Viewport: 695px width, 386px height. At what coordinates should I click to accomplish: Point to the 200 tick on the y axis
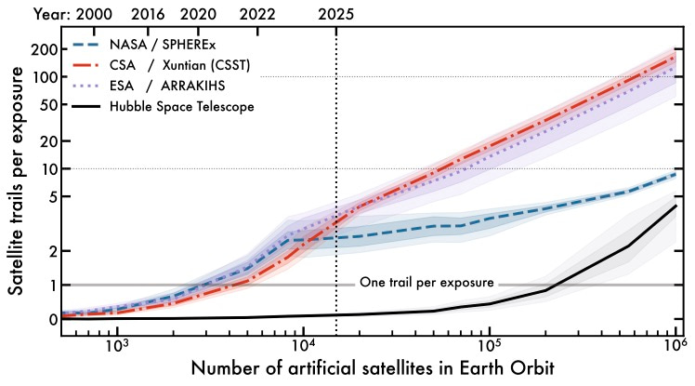[43, 48]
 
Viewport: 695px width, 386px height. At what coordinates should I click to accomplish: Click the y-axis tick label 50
[46, 104]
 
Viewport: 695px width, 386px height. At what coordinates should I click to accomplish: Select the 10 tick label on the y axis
[46, 168]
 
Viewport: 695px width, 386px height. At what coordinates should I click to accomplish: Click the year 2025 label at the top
[335, 14]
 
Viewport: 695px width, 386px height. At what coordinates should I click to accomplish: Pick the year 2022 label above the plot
[260, 14]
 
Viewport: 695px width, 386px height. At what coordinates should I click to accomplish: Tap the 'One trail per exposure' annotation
[426, 283]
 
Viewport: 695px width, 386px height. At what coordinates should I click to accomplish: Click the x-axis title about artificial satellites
[374, 367]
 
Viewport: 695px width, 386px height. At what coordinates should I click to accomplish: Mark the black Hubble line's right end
[675, 206]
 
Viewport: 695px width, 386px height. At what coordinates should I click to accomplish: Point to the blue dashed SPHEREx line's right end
[675, 174]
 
